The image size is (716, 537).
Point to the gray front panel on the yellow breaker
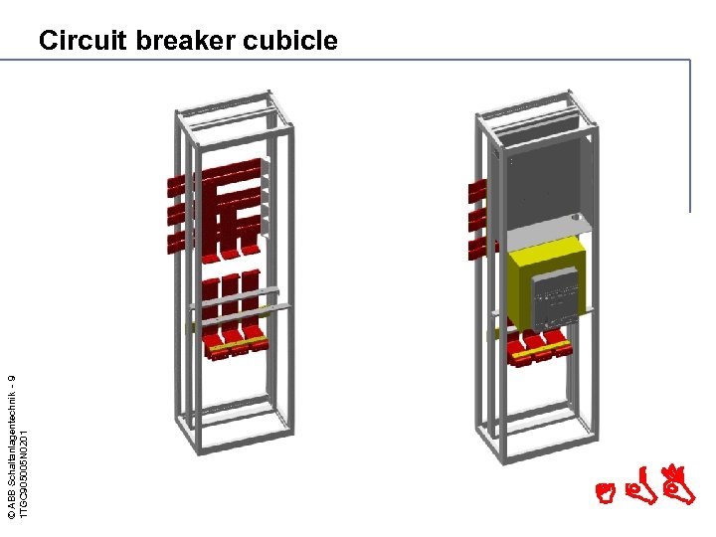[x=556, y=298]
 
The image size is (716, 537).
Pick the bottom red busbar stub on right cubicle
[x=476, y=246]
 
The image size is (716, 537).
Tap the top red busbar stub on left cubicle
[x=176, y=185]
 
